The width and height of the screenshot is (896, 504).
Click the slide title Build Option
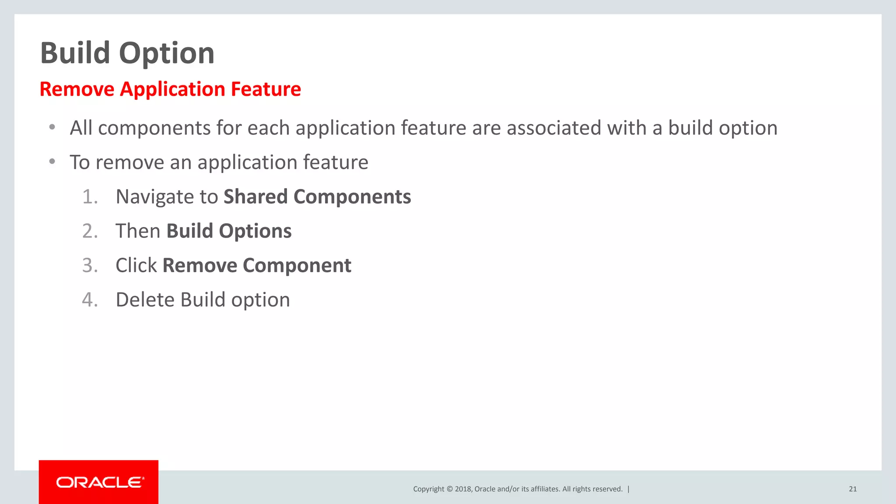127,53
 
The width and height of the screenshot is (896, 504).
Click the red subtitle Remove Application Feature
170,89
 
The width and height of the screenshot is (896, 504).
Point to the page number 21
853,489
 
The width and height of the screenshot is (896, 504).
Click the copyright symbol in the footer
449,489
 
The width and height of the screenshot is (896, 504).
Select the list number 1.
90,197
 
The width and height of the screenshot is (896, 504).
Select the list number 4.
90,300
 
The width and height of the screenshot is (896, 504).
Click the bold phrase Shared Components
317,197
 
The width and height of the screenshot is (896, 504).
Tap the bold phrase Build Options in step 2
229,231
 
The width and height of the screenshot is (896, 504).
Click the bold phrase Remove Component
257,266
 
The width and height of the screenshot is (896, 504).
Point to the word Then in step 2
138,231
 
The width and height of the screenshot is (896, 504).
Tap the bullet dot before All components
52,127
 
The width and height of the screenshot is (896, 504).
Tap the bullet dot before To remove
52,162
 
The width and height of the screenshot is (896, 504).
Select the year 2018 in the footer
463,489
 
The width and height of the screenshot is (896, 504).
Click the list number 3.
90,266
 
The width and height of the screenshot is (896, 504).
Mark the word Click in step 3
136,266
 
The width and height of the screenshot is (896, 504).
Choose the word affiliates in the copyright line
544,489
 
